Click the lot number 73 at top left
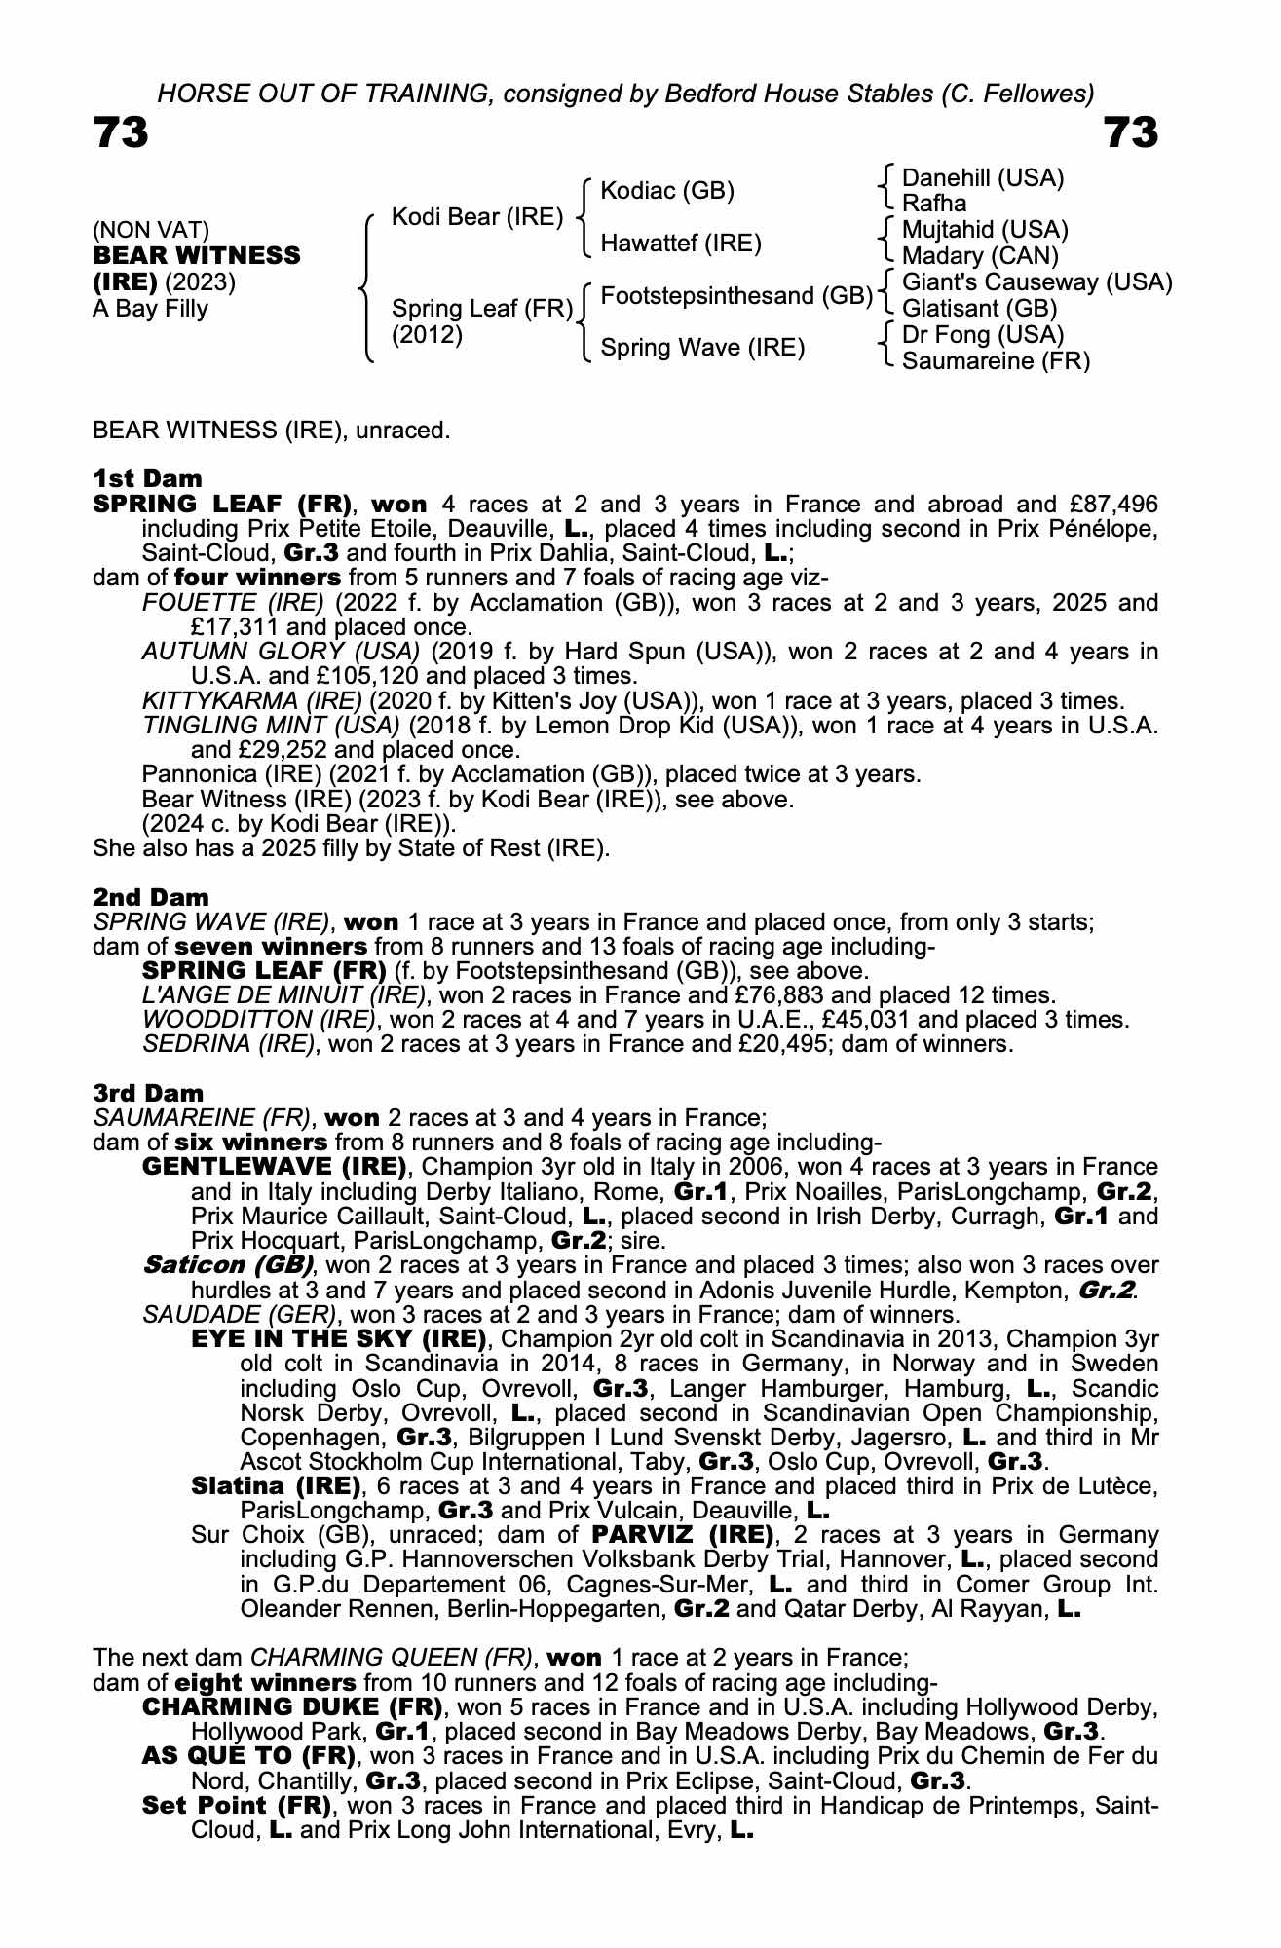point(121,133)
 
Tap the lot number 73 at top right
point(1131,133)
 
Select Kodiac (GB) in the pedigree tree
point(667,191)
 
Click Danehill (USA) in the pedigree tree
point(983,178)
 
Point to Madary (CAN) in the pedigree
point(980,256)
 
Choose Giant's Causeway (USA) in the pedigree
point(1037,282)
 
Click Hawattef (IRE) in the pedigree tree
point(681,243)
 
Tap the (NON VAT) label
point(151,231)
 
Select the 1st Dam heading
point(147,479)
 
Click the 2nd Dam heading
point(150,897)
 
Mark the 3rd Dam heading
point(149,1094)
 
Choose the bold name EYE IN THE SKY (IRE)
point(339,1339)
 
